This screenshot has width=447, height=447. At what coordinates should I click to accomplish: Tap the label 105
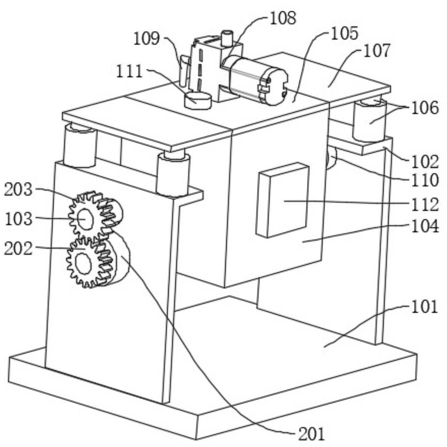(345, 33)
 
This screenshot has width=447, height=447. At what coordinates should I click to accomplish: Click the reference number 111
(129, 71)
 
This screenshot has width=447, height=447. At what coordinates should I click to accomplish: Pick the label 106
(425, 108)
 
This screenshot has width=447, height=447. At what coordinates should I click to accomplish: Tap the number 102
(425, 162)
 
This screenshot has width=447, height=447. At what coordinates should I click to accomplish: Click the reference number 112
(425, 204)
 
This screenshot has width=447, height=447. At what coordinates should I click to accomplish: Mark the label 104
(425, 226)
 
